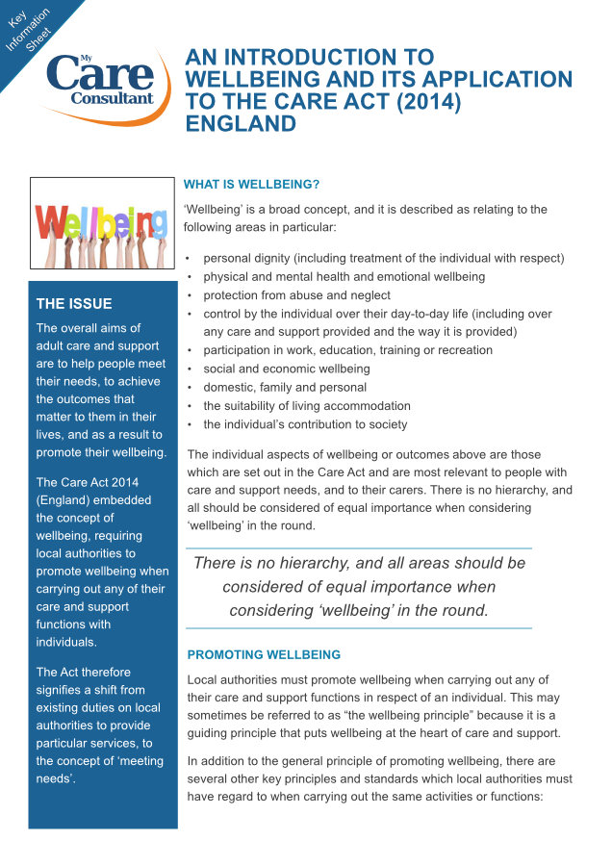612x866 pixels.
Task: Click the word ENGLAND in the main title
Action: (240, 123)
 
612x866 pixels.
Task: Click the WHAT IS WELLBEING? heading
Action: (251, 184)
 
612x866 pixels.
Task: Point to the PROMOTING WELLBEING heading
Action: (264, 654)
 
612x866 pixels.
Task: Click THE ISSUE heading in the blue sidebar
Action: (74, 304)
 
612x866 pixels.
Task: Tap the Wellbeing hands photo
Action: (101, 226)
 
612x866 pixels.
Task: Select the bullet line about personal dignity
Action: (383, 258)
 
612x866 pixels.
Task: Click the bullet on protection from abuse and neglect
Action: (296, 294)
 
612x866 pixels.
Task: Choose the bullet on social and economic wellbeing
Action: (286, 369)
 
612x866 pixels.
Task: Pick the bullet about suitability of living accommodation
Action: (306, 405)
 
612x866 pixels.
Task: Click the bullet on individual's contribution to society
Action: (304, 423)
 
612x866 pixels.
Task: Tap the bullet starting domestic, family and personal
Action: (284, 387)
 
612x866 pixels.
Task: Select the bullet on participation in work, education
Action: (347, 350)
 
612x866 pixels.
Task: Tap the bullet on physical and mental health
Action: (344, 276)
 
